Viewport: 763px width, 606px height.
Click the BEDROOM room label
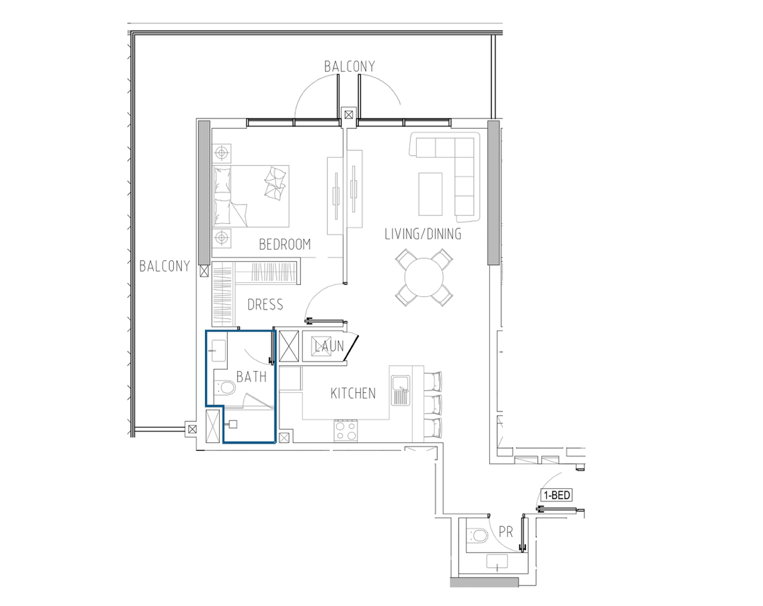point(285,244)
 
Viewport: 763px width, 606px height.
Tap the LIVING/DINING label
point(423,234)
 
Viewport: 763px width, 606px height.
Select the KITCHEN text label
point(353,394)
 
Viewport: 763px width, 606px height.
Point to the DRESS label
point(265,305)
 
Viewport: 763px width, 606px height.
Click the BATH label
point(251,376)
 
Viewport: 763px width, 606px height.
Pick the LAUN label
point(330,346)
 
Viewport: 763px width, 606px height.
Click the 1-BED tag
point(557,495)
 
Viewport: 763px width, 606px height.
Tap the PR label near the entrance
point(506,532)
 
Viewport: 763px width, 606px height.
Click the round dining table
point(424,278)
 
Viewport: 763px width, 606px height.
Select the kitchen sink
point(401,390)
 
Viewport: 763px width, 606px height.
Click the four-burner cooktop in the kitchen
point(346,431)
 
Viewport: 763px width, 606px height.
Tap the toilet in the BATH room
point(224,388)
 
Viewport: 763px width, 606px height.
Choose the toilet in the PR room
point(477,535)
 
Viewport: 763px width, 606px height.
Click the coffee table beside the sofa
point(431,194)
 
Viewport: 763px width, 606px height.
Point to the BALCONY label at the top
point(350,66)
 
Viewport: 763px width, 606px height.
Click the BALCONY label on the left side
point(164,266)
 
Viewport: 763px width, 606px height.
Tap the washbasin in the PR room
point(497,561)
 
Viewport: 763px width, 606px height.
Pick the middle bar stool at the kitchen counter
point(433,404)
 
